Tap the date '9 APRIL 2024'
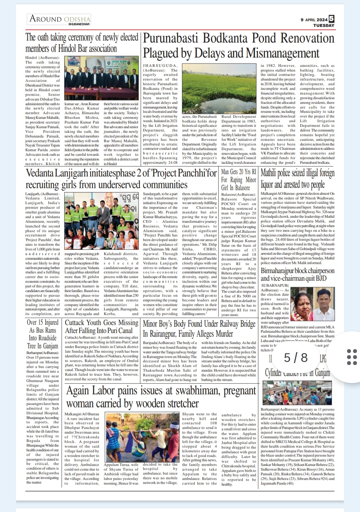tap(314, 20)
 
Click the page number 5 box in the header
tap(331, 19)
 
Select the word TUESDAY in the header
tap(323, 25)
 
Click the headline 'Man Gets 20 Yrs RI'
tap(239, 172)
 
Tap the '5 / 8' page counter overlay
tap(296, 357)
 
